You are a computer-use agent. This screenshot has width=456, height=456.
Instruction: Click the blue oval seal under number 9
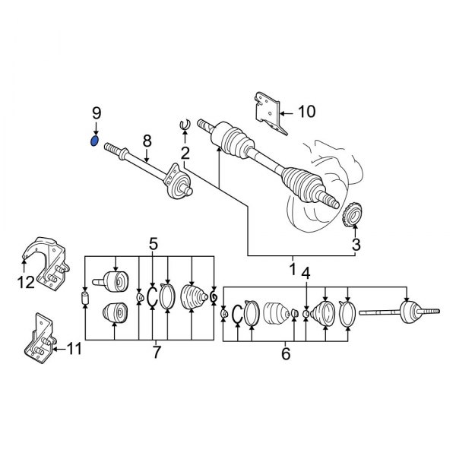94,141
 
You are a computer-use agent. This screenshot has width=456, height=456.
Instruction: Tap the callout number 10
307,112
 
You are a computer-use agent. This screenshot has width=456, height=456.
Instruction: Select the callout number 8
147,141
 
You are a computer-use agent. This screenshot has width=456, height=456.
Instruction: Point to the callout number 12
26,282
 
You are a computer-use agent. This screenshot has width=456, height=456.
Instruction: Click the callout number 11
74,348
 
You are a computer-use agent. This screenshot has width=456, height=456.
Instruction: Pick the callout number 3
356,245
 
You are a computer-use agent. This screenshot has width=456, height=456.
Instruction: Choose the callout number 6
286,353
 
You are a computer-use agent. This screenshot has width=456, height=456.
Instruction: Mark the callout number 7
157,352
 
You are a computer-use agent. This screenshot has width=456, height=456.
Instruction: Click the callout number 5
154,244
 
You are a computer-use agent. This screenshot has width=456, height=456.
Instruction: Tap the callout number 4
306,273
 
